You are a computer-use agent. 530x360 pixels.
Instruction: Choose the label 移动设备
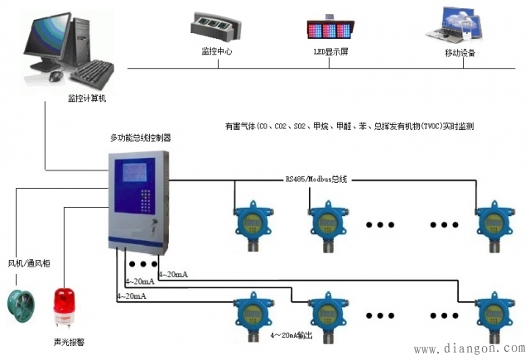tap(460, 52)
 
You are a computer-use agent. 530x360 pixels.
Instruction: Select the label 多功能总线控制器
tap(141, 139)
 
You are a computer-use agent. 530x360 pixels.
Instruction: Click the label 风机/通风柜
tap(29, 263)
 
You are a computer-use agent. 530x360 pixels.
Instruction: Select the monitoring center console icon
tap(219, 26)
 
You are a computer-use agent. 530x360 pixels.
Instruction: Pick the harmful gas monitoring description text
tap(349, 127)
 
